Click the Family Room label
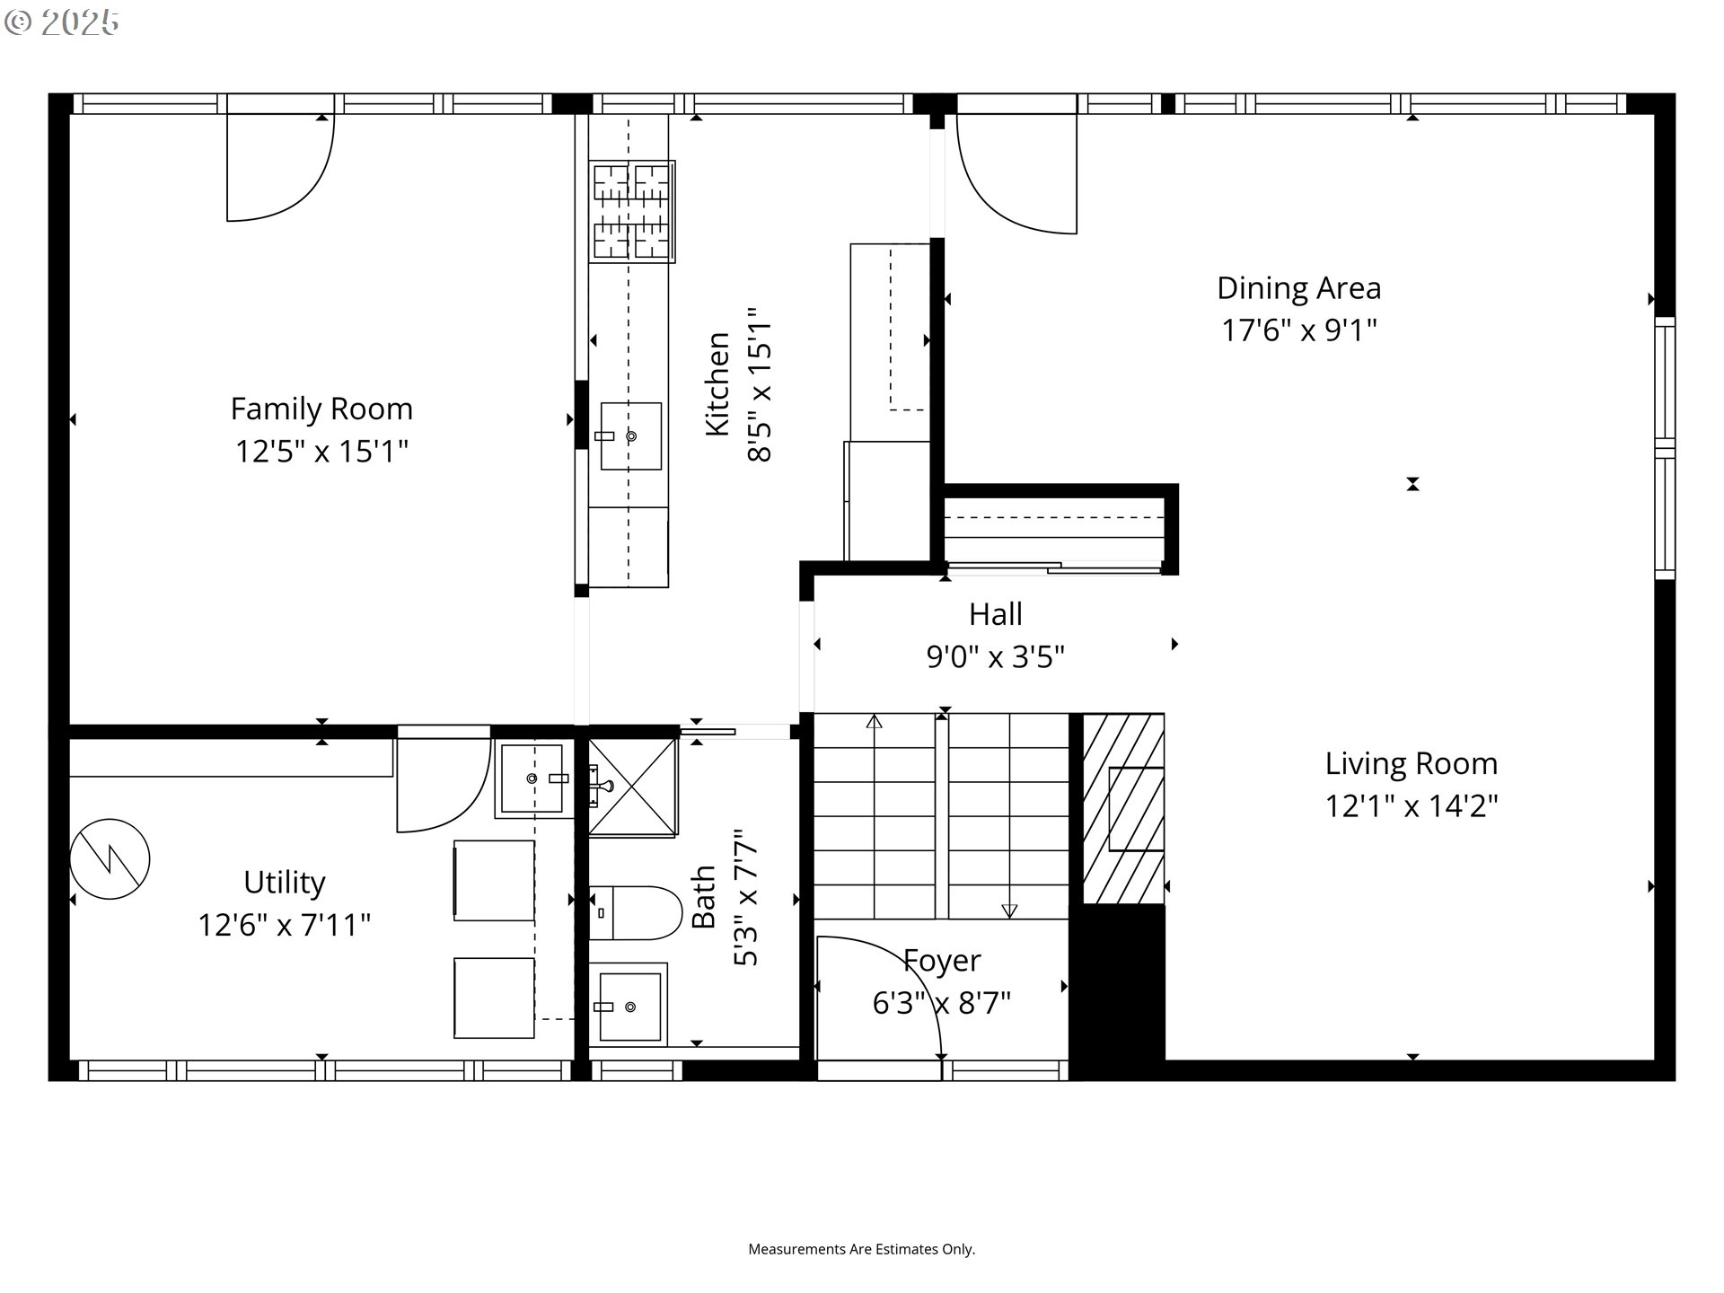point(321,409)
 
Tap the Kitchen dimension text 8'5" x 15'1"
point(760,386)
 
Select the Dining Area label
point(1298,288)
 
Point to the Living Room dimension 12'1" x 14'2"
point(1412,805)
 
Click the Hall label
point(995,614)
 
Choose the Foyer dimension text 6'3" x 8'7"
point(942,1002)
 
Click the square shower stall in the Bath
point(633,787)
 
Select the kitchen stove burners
point(631,212)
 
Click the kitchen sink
point(630,436)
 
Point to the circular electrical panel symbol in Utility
point(110,859)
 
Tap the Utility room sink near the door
point(533,778)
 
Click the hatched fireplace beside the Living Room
point(1123,809)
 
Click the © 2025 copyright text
point(61,22)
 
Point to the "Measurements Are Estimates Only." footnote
point(862,1249)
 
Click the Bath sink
point(629,1003)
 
